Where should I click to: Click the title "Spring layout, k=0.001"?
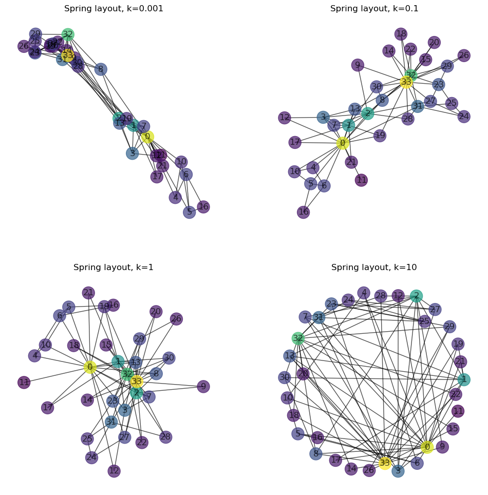[114, 9]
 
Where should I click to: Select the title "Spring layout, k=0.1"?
[374, 9]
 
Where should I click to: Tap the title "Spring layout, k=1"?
[114, 268]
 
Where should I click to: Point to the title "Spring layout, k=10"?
[374, 268]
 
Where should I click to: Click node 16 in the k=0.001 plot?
[203, 207]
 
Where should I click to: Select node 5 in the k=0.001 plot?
[190, 212]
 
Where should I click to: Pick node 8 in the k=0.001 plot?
[101, 69]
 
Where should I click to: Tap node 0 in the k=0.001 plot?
[147, 137]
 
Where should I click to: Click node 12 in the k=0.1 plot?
[285, 118]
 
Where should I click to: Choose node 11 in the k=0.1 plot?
[362, 180]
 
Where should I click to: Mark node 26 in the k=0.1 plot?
[464, 55]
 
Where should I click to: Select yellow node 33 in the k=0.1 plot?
[406, 82]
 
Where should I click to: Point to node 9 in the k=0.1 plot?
[358, 65]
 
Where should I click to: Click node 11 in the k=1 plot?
[24, 382]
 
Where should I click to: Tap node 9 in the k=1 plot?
[203, 387]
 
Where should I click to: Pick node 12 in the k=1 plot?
[114, 471]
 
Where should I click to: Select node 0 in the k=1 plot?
[90, 367]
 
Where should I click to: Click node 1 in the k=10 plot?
[464, 379]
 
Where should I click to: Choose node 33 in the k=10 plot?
[385, 463]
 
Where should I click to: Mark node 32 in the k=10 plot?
[298, 338]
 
